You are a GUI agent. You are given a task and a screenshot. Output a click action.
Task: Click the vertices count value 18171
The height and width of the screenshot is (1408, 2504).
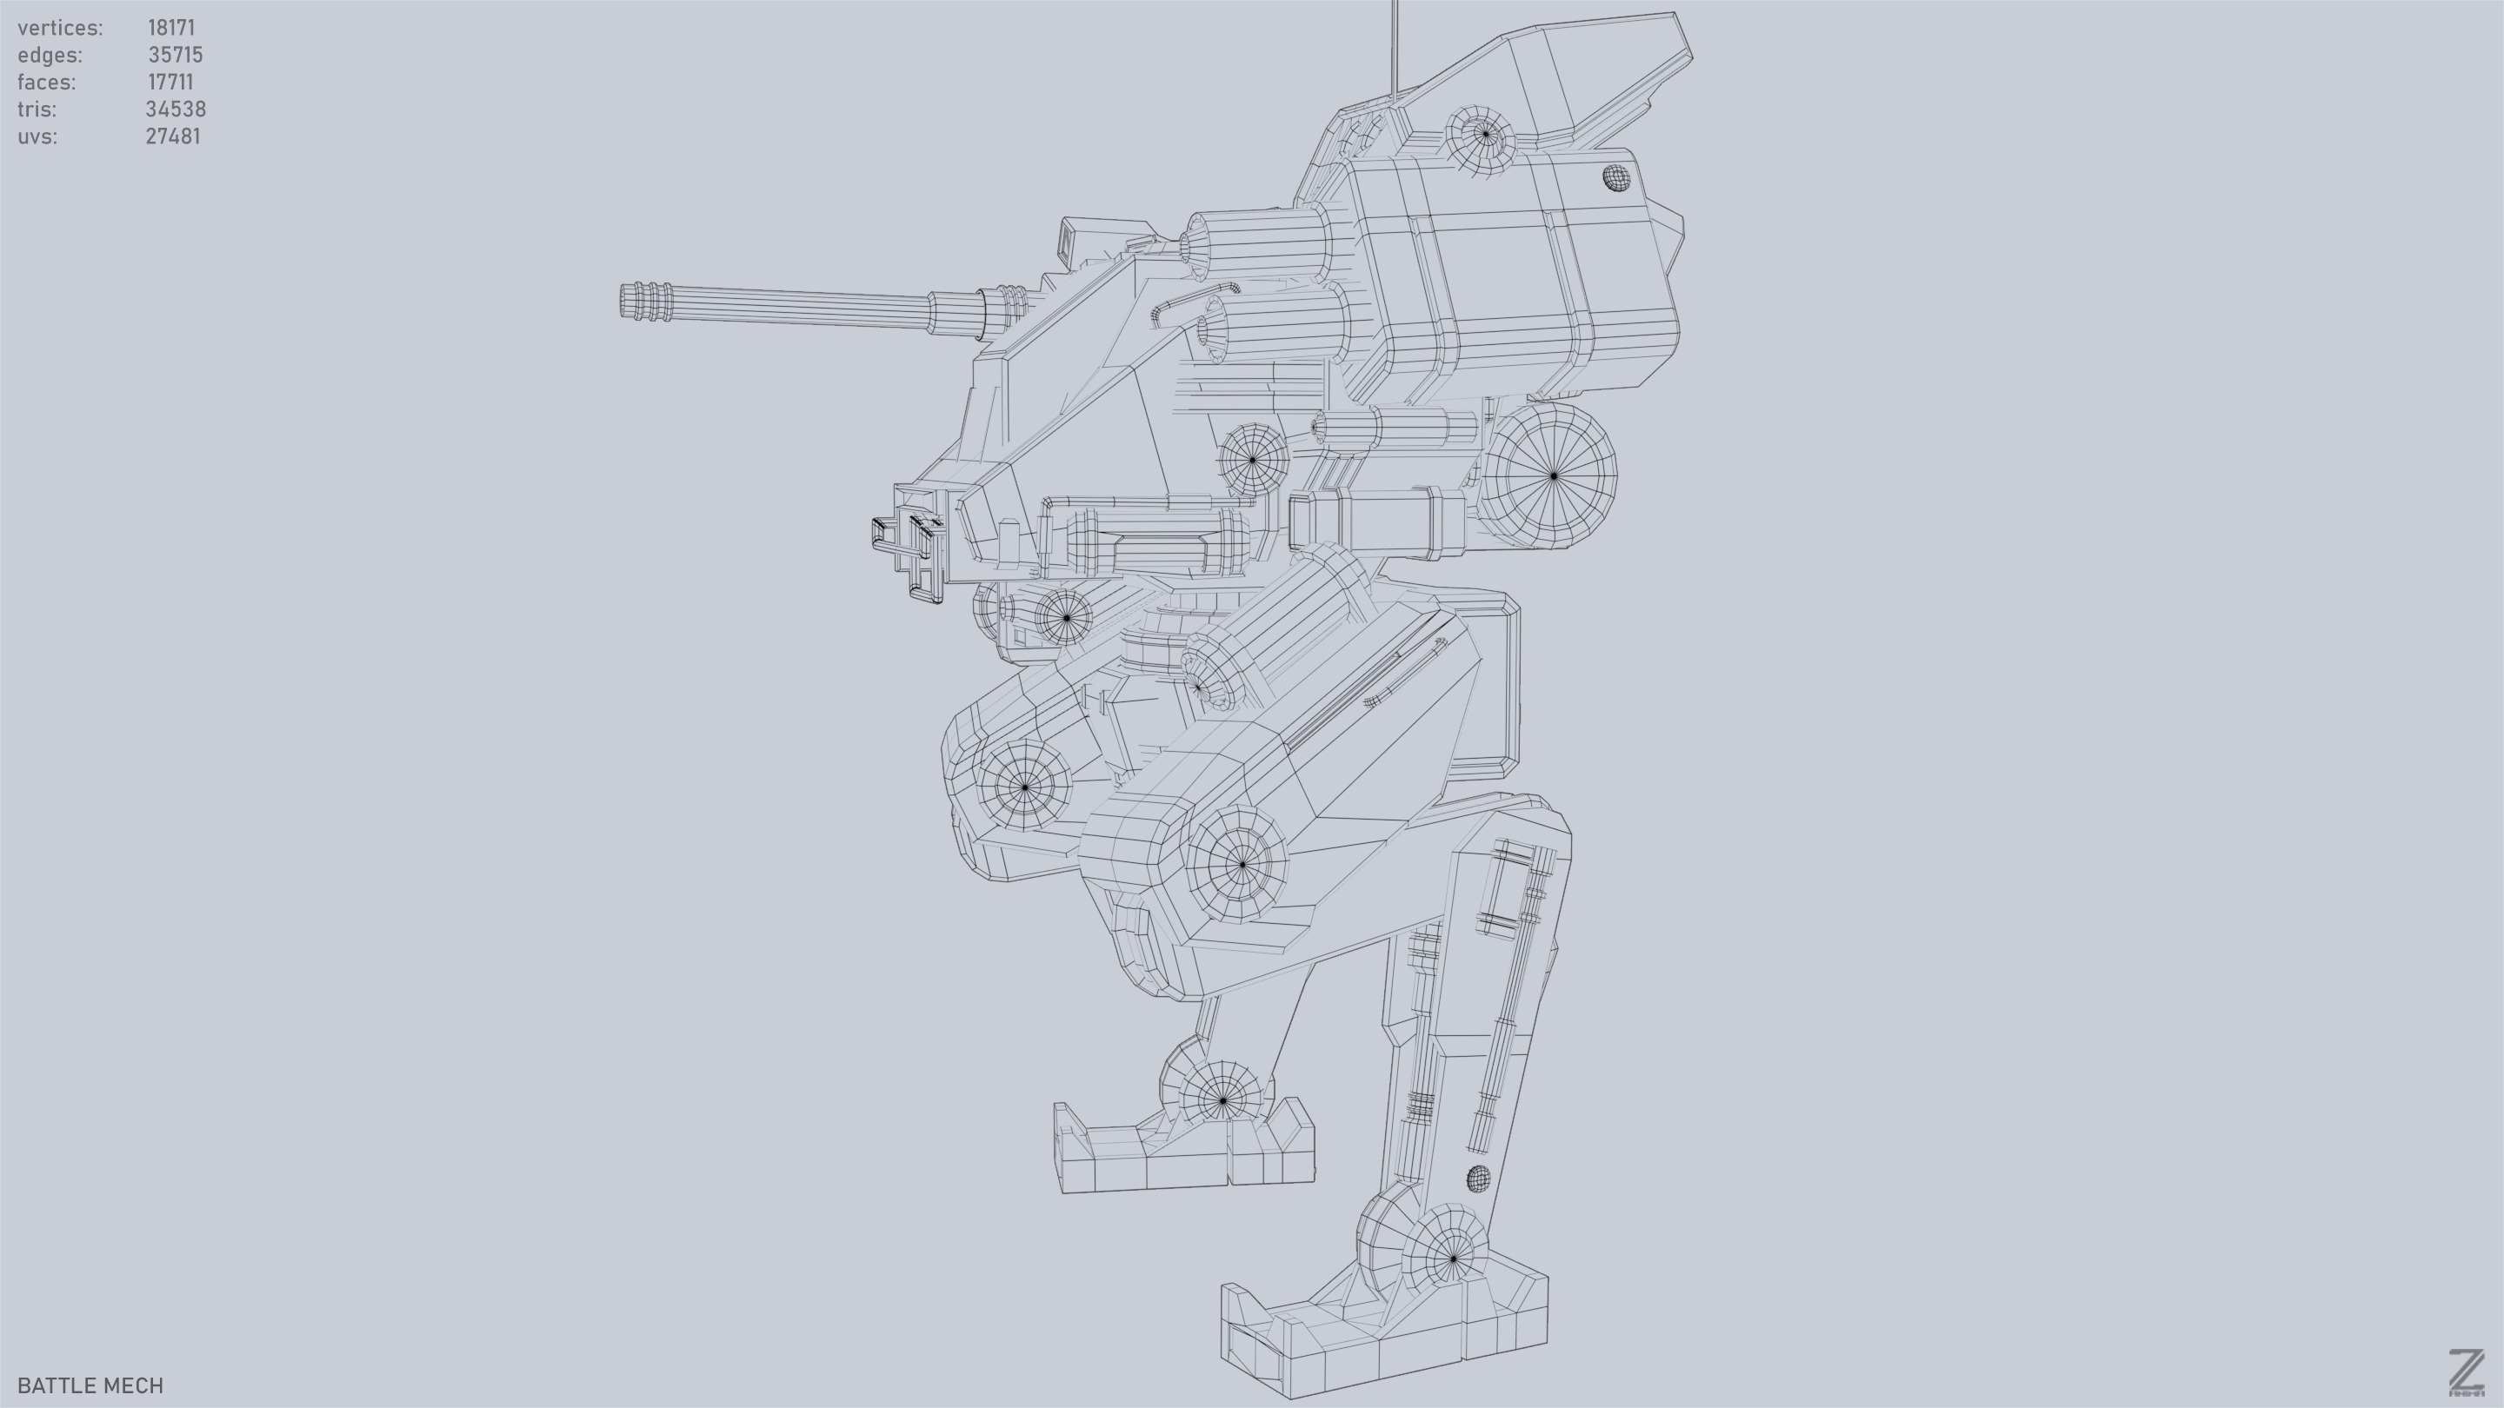click(x=171, y=28)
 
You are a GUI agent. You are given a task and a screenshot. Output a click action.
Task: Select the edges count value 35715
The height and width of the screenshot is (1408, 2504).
click(x=175, y=56)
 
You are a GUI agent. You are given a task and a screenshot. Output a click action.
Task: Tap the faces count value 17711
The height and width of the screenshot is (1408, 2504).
click(x=170, y=83)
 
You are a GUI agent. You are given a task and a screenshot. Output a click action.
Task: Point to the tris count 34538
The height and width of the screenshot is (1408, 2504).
click(x=175, y=110)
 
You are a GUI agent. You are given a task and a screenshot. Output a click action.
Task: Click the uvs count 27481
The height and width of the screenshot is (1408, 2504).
click(x=172, y=137)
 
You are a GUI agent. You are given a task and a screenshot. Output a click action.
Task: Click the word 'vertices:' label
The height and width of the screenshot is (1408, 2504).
click(x=59, y=28)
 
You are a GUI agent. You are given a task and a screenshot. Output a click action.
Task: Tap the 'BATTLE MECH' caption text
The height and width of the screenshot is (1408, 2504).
click(x=90, y=1385)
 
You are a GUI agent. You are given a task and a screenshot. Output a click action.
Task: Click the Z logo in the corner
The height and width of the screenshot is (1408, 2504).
click(x=2465, y=1373)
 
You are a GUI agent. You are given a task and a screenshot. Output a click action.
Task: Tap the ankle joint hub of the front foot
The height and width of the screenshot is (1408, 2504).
click(x=1453, y=1258)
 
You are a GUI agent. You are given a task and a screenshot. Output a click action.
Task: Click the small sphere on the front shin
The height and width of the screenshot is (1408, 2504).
click(x=1477, y=1179)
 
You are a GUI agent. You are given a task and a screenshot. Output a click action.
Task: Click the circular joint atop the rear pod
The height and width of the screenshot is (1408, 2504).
click(x=1483, y=133)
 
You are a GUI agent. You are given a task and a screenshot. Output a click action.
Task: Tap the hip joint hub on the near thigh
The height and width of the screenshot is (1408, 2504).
click(x=1242, y=863)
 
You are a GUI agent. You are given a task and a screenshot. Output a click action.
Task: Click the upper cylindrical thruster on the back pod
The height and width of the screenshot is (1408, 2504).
click(x=1263, y=245)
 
